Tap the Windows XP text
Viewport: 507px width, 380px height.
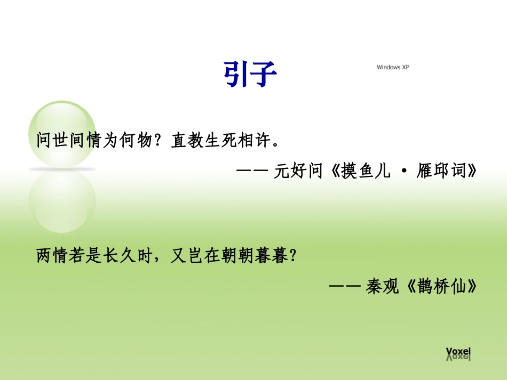coord(396,67)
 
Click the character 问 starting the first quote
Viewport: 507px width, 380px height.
coord(44,141)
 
